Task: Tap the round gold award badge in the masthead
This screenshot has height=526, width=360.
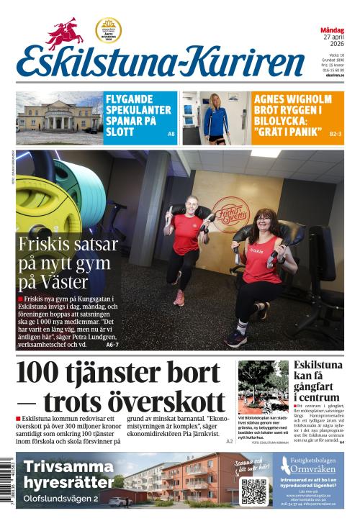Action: (108, 30)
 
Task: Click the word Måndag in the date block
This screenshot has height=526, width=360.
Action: (332, 30)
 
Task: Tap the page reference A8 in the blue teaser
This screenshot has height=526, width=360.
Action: (171, 135)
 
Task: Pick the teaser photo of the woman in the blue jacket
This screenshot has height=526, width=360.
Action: (215, 118)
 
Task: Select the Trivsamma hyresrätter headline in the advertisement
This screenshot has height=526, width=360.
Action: (68, 474)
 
